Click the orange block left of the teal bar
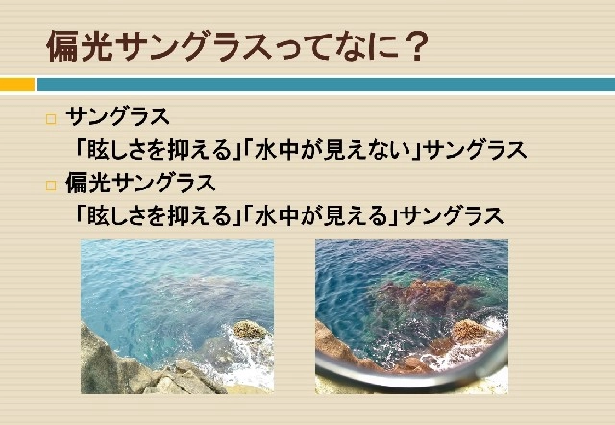(17, 85)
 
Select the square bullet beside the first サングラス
(51, 119)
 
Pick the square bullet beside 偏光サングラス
(51, 186)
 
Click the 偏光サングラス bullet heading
(140, 184)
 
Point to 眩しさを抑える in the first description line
(160, 150)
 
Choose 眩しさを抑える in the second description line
(160, 215)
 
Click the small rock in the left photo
(250, 331)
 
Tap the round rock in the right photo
(471, 331)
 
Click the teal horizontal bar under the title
(326, 85)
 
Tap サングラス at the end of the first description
(476, 150)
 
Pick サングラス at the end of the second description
(453, 215)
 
